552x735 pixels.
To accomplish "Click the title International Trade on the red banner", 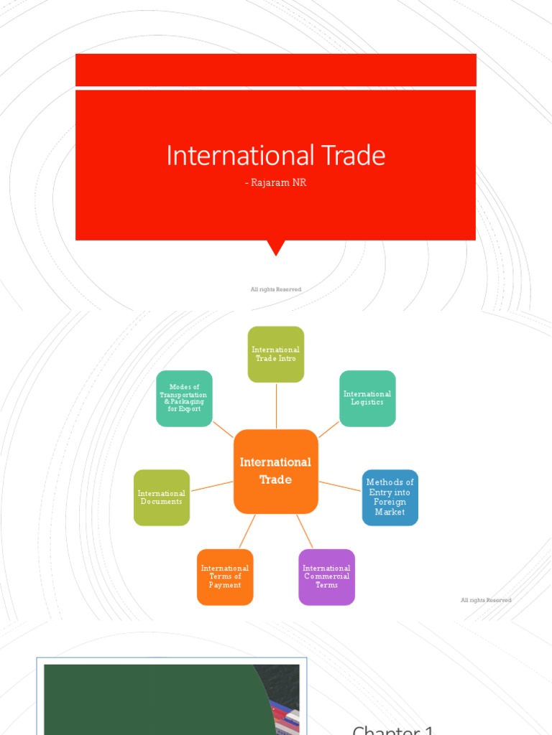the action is pyautogui.click(x=276, y=156).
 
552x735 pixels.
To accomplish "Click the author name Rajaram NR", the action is pyautogui.click(x=276, y=183).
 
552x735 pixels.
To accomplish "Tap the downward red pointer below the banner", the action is pyautogui.click(x=276, y=248).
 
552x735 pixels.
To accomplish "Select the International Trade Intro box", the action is pyautogui.click(x=276, y=354).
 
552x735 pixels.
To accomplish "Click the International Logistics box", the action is pyautogui.click(x=367, y=398).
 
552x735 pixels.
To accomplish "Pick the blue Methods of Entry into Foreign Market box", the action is pyautogui.click(x=390, y=497).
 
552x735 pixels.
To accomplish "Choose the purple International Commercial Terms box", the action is pyautogui.click(x=326, y=576).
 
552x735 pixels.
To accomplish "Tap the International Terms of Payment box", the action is pyautogui.click(x=225, y=576).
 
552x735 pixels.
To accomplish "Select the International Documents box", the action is pyautogui.click(x=162, y=497).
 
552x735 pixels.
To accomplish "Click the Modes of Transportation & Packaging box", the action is pyautogui.click(x=184, y=398).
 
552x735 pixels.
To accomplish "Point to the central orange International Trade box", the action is pyautogui.click(x=276, y=472).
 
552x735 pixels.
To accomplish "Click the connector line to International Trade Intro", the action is pyautogui.click(x=276, y=406).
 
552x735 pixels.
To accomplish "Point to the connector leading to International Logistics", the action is pyautogui.click(x=328, y=429).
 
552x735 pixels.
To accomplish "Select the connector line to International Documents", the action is pyautogui.click(x=212, y=486).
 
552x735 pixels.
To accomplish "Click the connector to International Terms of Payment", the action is pyautogui.click(x=247, y=531).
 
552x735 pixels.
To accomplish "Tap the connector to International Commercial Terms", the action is pyautogui.click(x=305, y=531).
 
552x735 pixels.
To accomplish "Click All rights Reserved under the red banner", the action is pyautogui.click(x=276, y=289).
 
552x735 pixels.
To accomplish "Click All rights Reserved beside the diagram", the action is pyautogui.click(x=486, y=600).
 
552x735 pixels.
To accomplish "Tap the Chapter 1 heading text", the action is pyautogui.click(x=393, y=729).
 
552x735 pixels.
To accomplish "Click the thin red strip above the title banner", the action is pyautogui.click(x=276, y=70).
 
